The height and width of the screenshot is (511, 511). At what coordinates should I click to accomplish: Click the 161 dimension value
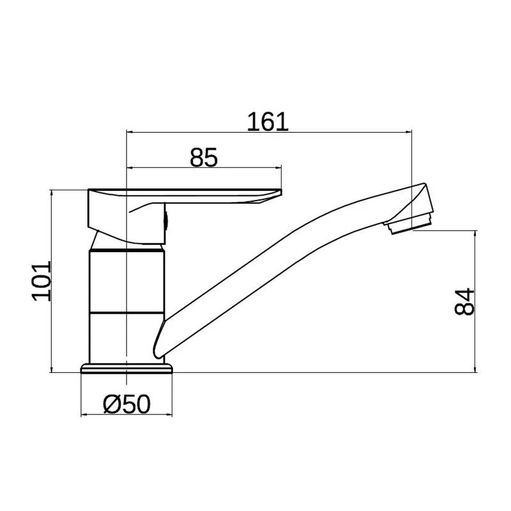[269, 121]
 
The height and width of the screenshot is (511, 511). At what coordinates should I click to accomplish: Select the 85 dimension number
[204, 157]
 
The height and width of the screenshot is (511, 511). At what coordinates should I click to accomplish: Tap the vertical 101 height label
[41, 280]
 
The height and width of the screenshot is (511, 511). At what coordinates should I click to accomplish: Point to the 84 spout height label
[466, 301]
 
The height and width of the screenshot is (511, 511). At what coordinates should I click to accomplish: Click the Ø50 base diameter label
[126, 404]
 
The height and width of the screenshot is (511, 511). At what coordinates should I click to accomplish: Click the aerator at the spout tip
[409, 225]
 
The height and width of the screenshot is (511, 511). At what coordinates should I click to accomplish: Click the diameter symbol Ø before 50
[110, 404]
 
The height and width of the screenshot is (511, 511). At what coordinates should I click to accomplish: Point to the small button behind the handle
[167, 221]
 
